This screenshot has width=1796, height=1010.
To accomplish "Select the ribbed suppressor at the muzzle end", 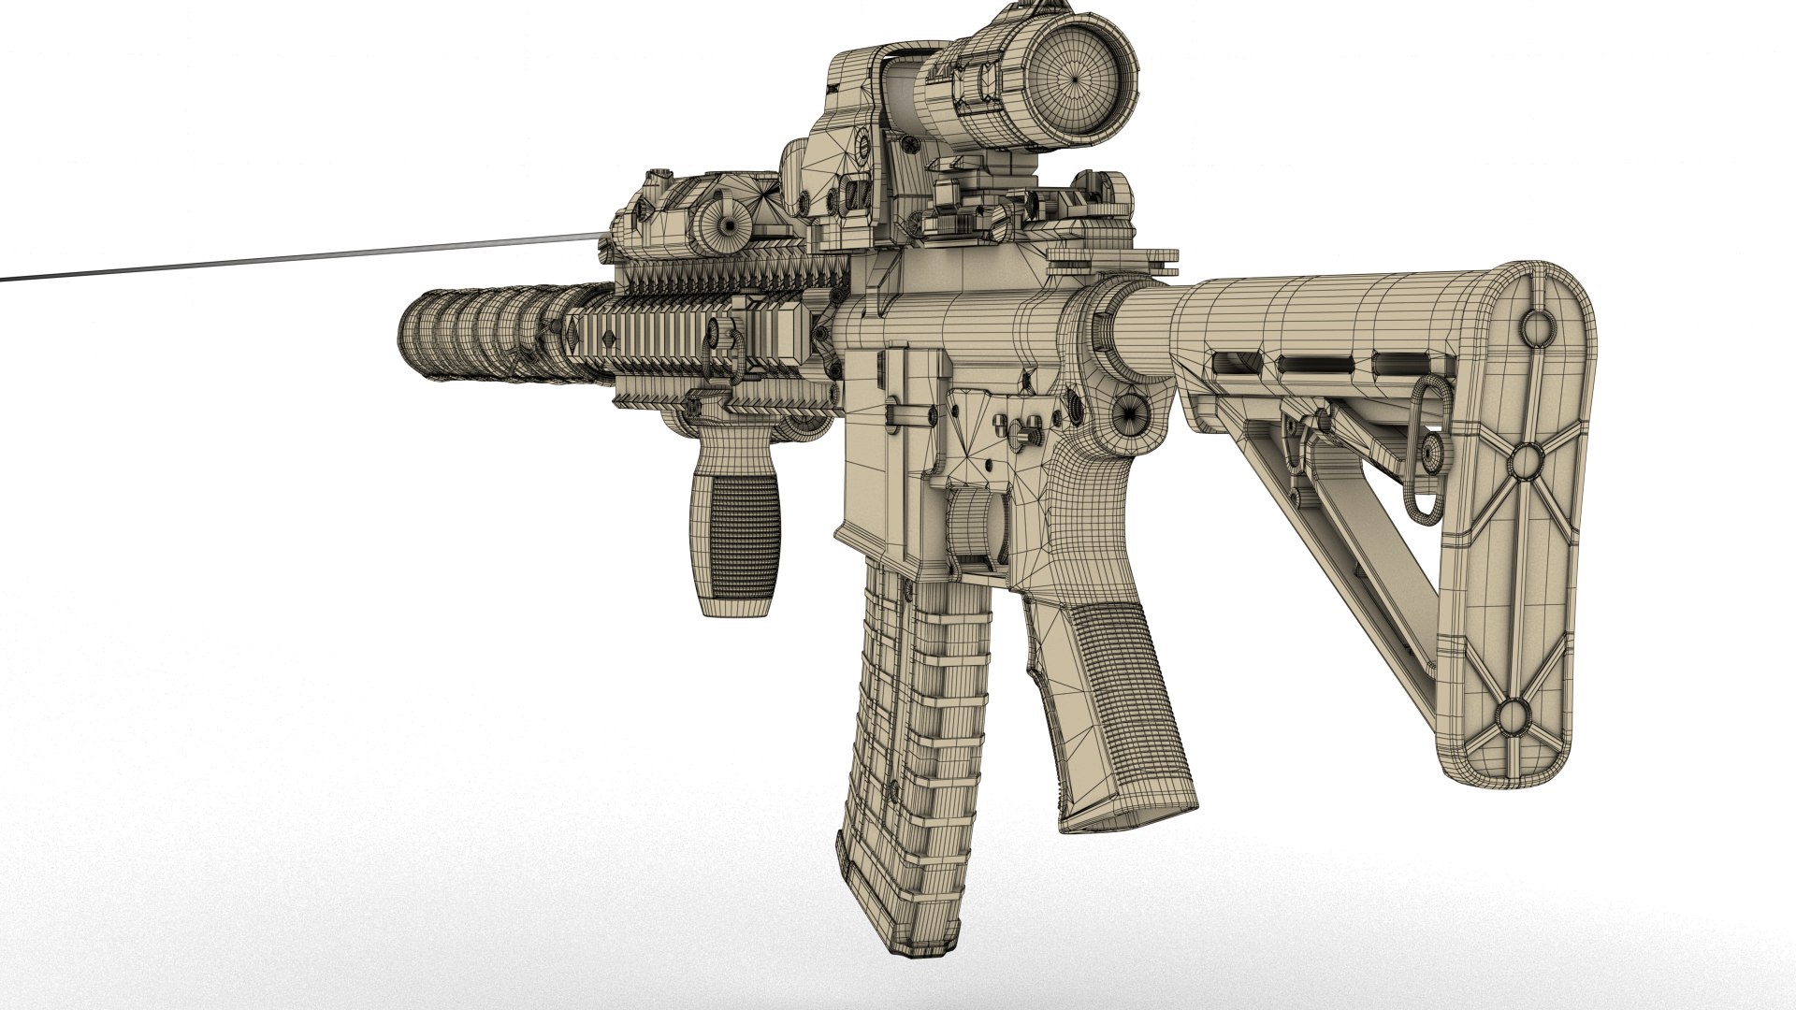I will [x=468, y=333].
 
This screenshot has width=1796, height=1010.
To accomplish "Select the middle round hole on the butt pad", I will [x=1526, y=459].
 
